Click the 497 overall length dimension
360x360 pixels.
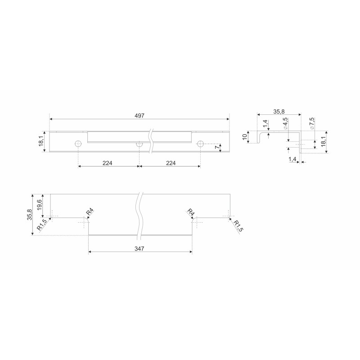coord(139,116)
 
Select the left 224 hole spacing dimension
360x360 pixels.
coord(107,163)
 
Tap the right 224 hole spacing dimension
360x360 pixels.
coord(171,163)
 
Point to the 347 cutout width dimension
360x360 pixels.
coord(139,249)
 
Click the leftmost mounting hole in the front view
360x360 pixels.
coord(78,144)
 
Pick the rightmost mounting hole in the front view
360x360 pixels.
coord(200,144)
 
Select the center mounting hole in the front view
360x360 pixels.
coord(139,144)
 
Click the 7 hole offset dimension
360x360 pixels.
coord(217,147)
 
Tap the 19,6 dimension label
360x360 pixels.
coord(39,205)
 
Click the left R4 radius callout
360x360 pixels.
coord(90,211)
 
